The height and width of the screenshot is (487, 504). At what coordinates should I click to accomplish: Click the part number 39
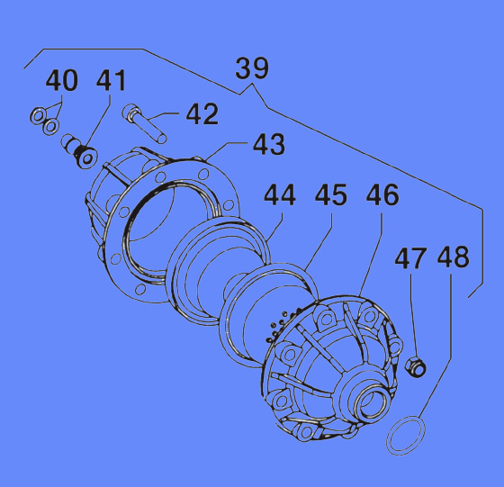point(252,68)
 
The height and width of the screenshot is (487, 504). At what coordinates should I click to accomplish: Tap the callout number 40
point(62,80)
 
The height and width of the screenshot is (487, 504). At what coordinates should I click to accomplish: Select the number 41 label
point(111,80)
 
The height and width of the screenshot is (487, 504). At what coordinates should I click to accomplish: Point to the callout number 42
point(202,114)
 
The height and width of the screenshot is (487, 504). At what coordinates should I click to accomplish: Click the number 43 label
point(269,144)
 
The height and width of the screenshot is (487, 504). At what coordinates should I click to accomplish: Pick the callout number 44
point(280,194)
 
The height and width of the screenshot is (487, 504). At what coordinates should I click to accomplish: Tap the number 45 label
point(331,194)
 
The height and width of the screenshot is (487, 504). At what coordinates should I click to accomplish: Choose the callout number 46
point(382,194)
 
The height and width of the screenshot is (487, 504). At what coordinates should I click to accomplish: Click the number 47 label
point(410,257)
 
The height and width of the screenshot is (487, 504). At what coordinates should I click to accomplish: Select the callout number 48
point(454,257)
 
